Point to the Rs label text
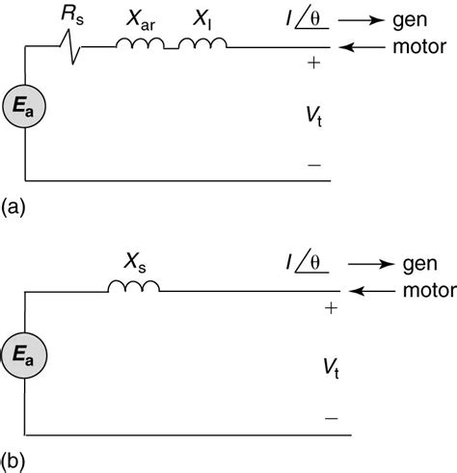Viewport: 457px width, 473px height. point(72,14)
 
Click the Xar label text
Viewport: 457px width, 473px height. point(139,16)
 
